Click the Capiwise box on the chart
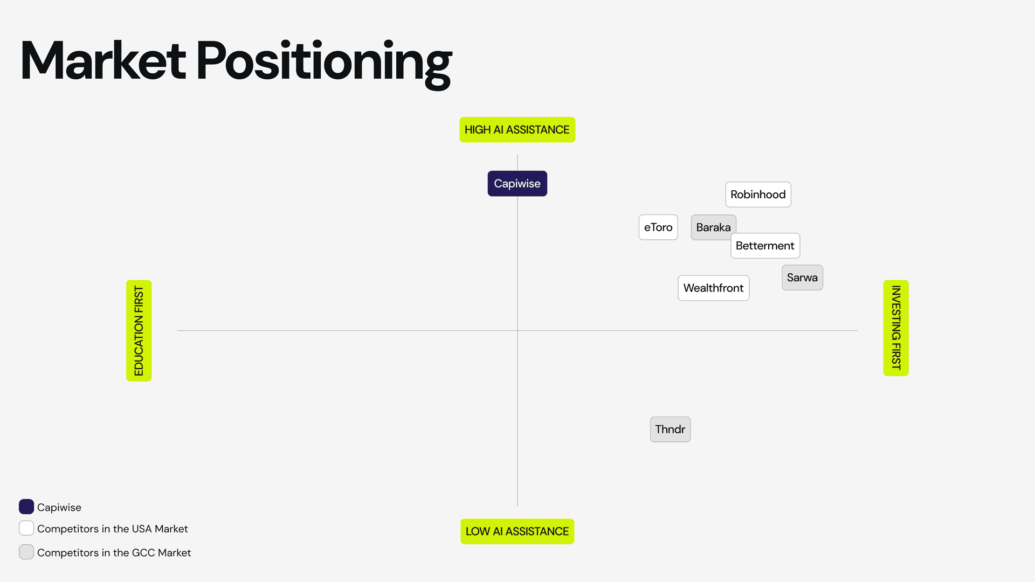point(517,184)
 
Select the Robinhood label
point(758,195)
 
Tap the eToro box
point(658,227)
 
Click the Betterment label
point(765,246)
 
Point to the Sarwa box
point(802,278)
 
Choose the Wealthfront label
point(713,288)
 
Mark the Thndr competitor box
point(670,429)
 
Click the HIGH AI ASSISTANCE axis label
point(517,130)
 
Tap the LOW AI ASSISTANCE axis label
point(517,531)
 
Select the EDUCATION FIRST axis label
point(139,330)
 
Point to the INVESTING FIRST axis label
point(896,328)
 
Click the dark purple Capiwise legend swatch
point(26,507)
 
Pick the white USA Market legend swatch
point(26,528)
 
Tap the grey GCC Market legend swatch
point(26,552)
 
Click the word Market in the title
point(103,60)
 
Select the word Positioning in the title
point(324,62)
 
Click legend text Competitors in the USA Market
point(112,529)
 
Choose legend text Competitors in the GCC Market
point(114,552)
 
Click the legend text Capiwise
point(59,507)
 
